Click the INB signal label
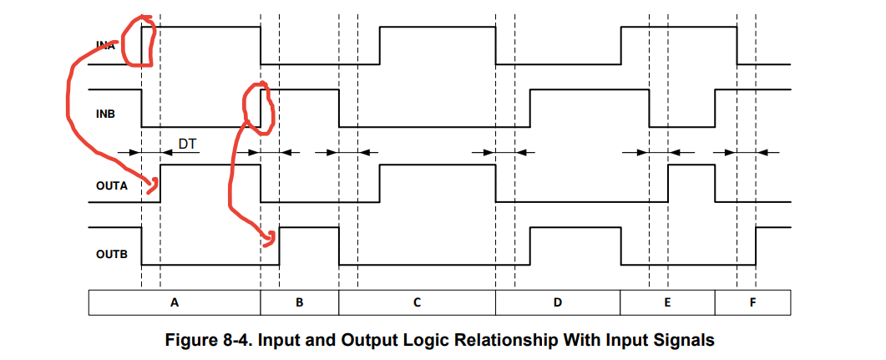click(x=106, y=114)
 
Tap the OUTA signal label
click(x=111, y=185)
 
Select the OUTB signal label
click(x=111, y=253)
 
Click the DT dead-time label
click(x=188, y=145)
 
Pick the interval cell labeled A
click(x=175, y=302)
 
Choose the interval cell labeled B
click(x=300, y=302)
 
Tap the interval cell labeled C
click(x=417, y=302)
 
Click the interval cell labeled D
click(x=557, y=302)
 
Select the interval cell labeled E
click(x=666, y=302)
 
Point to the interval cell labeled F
click(x=752, y=302)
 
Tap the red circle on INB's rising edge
click(x=258, y=104)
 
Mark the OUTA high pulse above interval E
click(x=691, y=166)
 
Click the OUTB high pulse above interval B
click(x=309, y=228)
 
